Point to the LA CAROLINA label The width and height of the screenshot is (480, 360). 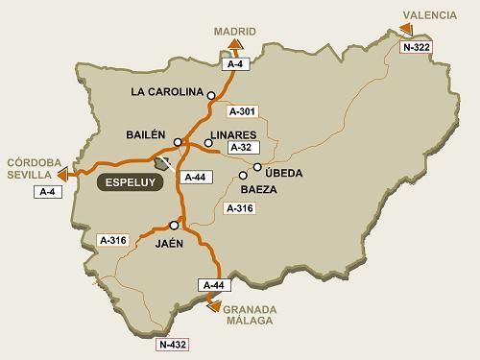[166, 93]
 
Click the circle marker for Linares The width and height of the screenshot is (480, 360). [208, 143]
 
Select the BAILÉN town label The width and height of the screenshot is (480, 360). [146, 134]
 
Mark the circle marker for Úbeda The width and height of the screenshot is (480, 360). [257, 167]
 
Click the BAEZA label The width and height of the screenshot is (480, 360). [259, 189]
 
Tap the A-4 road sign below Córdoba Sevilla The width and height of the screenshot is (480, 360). [48, 192]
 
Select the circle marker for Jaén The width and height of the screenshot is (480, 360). [174, 225]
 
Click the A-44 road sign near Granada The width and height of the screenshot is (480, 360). [212, 285]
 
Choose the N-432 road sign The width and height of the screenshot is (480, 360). [174, 343]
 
